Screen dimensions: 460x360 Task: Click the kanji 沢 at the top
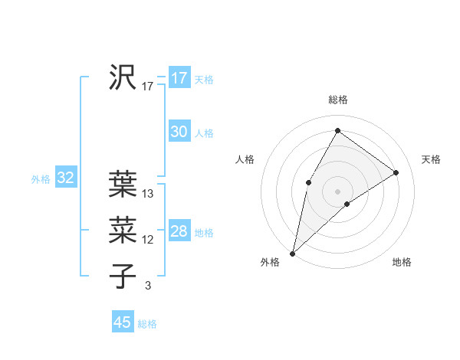(123, 77)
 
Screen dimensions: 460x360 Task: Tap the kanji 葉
(123, 183)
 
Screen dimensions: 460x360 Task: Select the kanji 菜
(123, 229)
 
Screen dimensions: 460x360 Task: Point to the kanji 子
(123, 275)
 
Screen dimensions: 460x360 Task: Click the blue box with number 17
(179, 78)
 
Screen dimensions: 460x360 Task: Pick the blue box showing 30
(179, 132)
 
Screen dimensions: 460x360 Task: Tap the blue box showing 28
(179, 231)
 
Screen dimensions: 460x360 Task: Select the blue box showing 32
(65, 178)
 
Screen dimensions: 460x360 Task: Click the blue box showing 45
(123, 322)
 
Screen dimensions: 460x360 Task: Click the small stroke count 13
(148, 195)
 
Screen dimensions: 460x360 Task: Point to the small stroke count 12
(148, 240)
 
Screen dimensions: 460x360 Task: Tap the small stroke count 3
(148, 286)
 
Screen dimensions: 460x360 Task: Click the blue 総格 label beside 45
(147, 324)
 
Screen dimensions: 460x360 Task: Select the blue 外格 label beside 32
(41, 179)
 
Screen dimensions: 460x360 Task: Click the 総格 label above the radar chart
(337, 100)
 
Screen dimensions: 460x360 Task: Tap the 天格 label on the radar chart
(431, 159)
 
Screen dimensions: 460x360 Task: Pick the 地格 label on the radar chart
(402, 262)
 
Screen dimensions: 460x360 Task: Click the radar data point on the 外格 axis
(293, 253)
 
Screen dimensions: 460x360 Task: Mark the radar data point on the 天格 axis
(396, 172)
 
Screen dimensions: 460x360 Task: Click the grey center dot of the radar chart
(337, 191)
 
